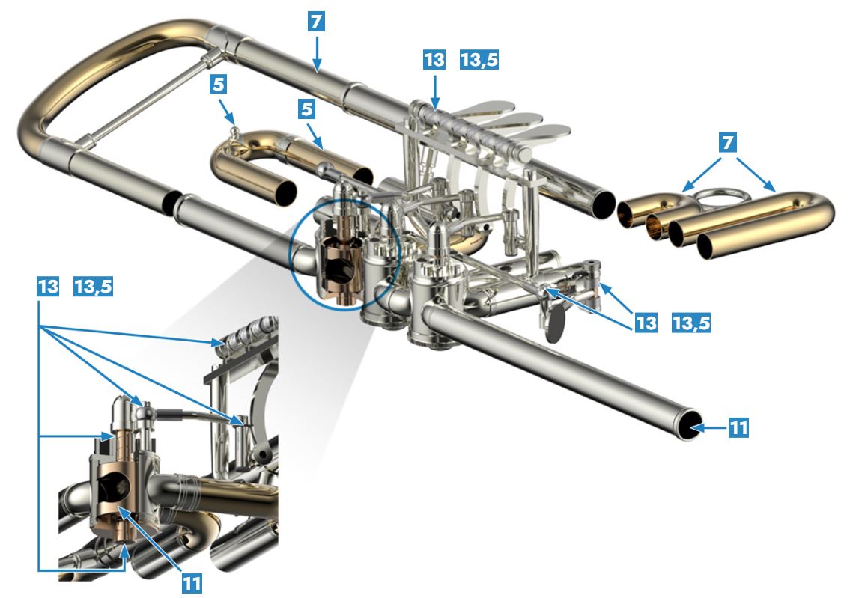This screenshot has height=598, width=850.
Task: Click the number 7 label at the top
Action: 316,22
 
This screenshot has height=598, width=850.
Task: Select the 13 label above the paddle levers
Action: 435,60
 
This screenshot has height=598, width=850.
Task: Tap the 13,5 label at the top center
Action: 479,60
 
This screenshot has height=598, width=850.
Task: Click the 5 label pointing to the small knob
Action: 218,84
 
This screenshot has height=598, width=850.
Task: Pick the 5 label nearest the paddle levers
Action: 307,109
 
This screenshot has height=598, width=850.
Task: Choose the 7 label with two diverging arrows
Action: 728,142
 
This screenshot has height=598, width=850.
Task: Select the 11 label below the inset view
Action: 192,583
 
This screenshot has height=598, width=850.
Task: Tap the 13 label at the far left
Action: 48,286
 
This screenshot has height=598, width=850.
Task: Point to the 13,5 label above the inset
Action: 94,286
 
